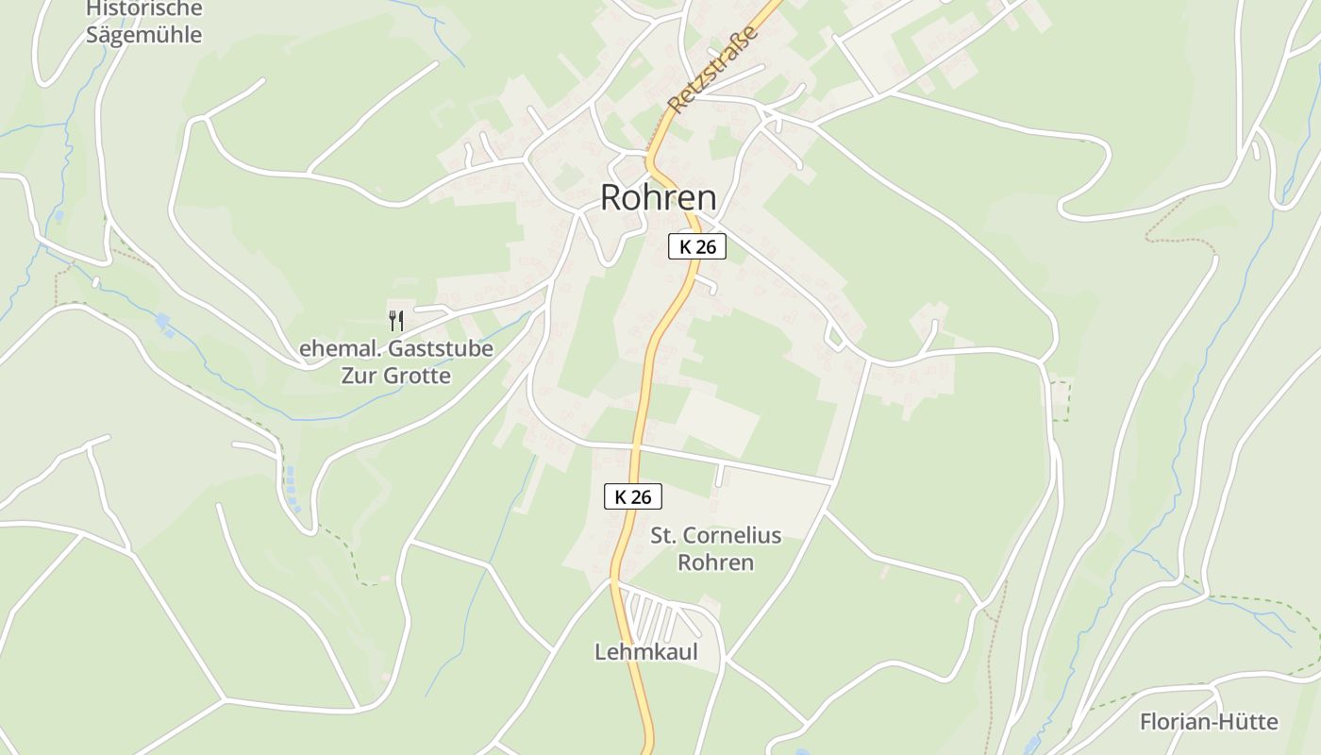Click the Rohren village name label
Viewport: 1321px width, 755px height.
[658, 198]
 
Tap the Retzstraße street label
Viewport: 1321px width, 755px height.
[712, 70]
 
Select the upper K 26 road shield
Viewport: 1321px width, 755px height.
[697, 247]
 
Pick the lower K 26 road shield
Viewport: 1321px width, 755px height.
[633, 496]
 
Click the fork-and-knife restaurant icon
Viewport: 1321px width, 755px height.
[396, 321]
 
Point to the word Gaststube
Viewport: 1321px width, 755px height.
[443, 348]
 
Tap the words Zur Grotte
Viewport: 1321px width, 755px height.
[395, 376]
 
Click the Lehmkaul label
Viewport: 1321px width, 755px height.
[645, 652]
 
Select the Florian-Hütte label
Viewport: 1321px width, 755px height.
[1209, 723]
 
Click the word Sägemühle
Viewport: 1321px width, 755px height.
[143, 35]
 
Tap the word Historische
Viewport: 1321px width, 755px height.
[143, 9]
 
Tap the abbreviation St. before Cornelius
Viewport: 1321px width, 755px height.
[663, 536]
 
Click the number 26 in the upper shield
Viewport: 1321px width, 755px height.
[706, 247]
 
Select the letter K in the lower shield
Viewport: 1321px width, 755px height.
[621, 496]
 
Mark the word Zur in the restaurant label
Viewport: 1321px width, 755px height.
[359, 376]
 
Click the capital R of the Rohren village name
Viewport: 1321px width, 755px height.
[611, 198]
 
